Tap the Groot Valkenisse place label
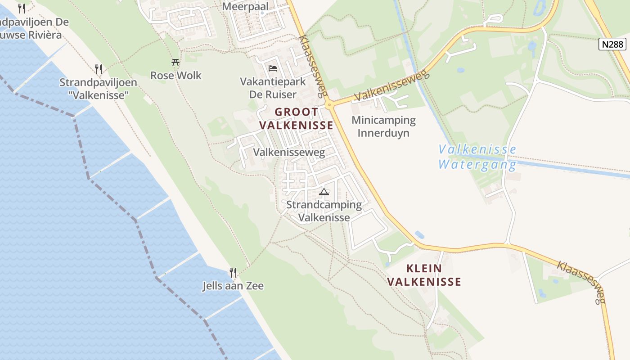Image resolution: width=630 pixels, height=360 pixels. [x=297, y=118]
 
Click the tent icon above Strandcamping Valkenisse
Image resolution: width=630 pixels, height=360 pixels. [x=324, y=192]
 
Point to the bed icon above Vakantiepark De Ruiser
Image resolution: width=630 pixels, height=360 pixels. [x=273, y=68]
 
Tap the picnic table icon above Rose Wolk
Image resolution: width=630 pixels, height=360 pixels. [x=175, y=63]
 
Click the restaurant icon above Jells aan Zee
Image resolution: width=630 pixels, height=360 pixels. [x=233, y=272]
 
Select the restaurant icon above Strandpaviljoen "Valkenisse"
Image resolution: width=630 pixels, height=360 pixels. [x=99, y=69]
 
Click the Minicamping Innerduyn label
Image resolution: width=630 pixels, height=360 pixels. [x=383, y=126]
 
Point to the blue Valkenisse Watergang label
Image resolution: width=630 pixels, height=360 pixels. [x=477, y=157]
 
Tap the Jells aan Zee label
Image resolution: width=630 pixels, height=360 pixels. [x=233, y=286]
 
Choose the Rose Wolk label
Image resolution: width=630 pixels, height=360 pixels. [x=176, y=75]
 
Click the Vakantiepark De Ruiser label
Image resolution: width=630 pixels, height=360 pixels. [x=273, y=88]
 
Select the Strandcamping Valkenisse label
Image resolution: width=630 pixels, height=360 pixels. [x=324, y=211]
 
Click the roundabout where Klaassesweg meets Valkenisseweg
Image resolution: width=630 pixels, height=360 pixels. [x=330, y=105]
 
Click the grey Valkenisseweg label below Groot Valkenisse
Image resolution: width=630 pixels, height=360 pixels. [x=289, y=153]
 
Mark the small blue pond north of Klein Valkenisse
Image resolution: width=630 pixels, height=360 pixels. [x=419, y=234]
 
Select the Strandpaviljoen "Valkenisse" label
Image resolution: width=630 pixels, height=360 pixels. [x=94, y=89]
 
